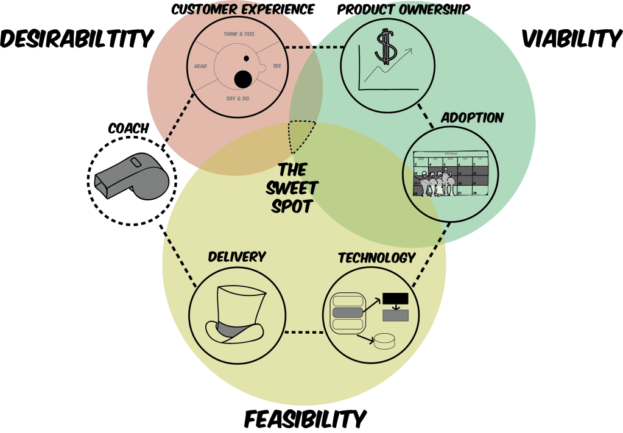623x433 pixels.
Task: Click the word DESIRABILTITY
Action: coord(76,39)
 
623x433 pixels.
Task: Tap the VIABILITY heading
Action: coord(571,39)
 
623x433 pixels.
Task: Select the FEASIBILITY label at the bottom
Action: coord(305,419)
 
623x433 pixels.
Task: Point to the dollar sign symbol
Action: coord(385,48)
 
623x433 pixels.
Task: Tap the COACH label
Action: coord(128,128)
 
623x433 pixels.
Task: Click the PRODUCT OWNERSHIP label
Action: coord(404,10)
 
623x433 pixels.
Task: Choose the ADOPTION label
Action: coord(472,118)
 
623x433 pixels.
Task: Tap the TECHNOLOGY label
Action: coord(376,257)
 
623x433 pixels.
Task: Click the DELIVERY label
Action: coord(237,256)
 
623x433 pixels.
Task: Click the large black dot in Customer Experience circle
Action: coord(243,79)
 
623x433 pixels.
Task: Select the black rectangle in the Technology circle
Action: coord(395,298)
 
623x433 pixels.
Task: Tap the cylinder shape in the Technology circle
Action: coord(383,341)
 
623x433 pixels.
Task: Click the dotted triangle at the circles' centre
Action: coord(300,135)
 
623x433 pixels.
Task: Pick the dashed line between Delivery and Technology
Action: coord(304,333)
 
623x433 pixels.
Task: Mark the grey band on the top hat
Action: coord(234,330)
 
